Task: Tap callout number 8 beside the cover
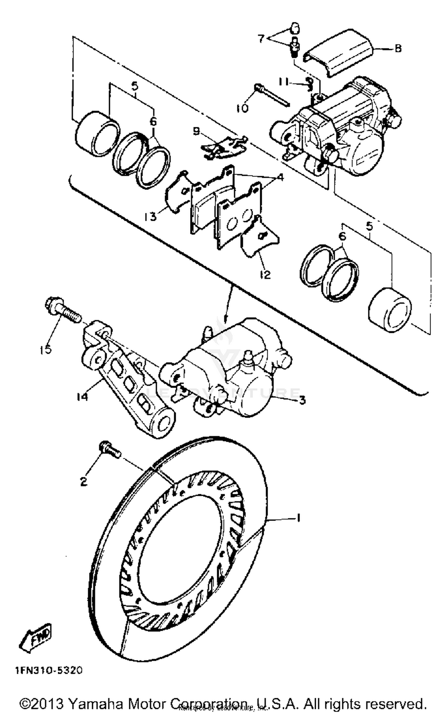(398, 48)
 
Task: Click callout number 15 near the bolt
(45, 349)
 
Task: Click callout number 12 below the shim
(265, 274)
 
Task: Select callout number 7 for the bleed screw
(261, 38)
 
